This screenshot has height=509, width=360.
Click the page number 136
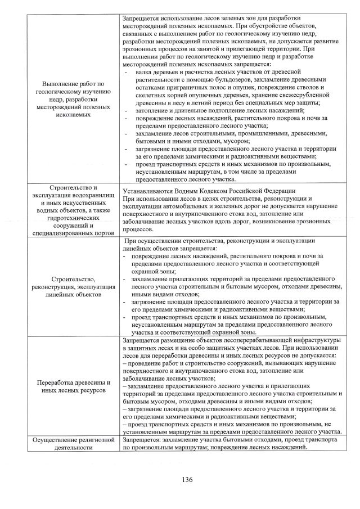(x=187, y=480)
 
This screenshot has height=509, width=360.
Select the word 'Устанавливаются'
(x=148, y=191)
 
